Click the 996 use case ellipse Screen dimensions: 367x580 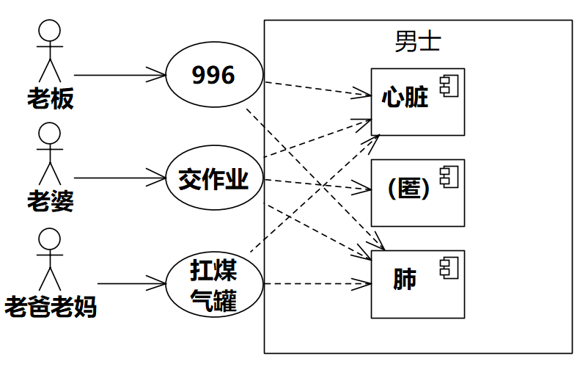213,75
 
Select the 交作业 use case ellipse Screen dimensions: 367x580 213,178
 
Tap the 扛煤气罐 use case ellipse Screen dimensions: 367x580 213,283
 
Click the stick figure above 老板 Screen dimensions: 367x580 48,51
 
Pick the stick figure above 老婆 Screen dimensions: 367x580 48,154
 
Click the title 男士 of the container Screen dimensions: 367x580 418,40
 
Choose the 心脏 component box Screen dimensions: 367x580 417,102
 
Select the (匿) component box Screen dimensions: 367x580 417,192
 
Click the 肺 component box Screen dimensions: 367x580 417,284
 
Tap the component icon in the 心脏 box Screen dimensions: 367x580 448,85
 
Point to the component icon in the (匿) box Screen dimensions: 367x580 448,175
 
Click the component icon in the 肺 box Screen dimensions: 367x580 448,267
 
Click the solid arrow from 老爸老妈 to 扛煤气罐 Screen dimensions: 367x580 132,283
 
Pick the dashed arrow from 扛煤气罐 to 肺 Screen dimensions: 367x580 315,283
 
